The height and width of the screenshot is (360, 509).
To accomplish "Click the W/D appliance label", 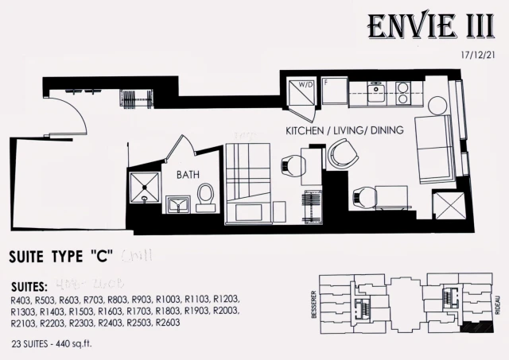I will click(x=304, y=85).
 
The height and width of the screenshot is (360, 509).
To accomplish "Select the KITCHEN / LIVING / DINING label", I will click(x=344, y=130).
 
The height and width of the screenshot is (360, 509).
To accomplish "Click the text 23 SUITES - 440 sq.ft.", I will click(x=60, y=344).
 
